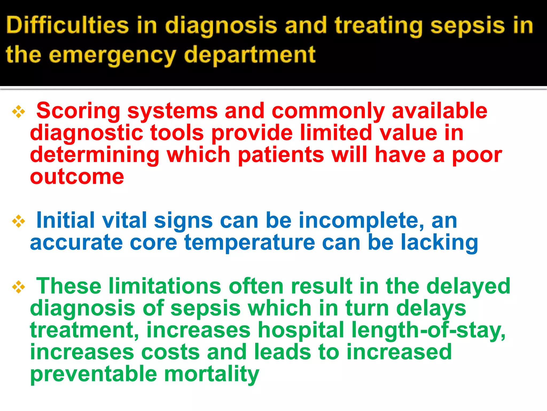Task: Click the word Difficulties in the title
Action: [x=67, y=25]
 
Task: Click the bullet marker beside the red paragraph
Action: [x=18, y=112]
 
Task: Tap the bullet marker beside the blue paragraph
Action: [x=18, y=221]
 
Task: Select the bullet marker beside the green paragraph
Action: [x=18, y=287]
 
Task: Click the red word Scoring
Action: [x=78, y=111]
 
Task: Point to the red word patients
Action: [x=280, y=155]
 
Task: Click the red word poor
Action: [x=477, y=155]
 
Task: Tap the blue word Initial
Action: [x=65, y=220]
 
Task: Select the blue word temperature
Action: [x=250, y=243]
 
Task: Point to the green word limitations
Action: [x=165, y=286]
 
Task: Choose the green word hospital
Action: [x=300, y=330]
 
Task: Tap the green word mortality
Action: [x=211, y=374]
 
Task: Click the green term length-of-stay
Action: [x=428, y=330]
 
